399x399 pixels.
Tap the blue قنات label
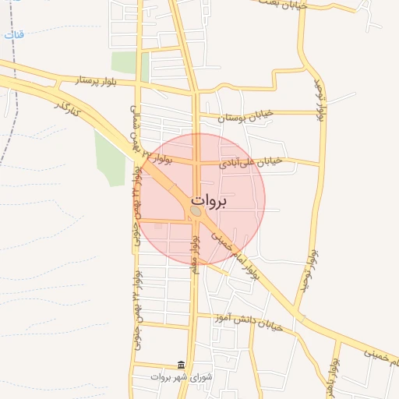(x=14, y=35)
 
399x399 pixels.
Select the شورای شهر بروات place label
(x=181, y=377)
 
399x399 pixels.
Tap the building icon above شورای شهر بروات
(x=181, y=365)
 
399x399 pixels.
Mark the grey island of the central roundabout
(x=195, y=211)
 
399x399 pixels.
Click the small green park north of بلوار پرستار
(x=124, y=62)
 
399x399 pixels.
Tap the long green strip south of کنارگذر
(x=110, y=156)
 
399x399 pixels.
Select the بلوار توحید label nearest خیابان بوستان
(x=319, y=101)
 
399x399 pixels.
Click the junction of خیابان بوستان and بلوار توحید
(x=322, y=113)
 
